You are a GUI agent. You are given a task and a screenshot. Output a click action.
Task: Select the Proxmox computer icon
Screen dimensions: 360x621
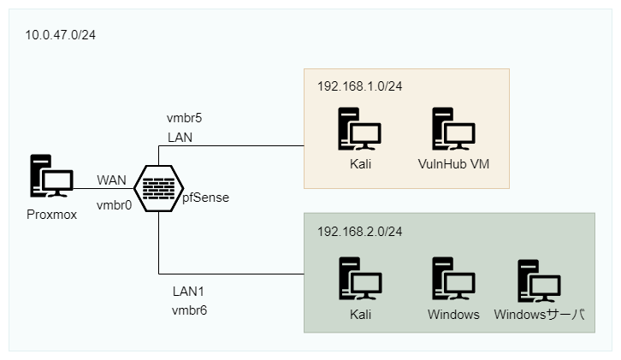51,180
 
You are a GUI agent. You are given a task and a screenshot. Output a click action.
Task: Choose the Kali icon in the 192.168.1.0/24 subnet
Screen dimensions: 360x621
359,130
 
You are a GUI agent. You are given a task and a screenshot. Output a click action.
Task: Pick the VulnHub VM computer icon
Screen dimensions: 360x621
453,130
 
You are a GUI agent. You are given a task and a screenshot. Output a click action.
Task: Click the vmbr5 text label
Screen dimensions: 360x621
185,117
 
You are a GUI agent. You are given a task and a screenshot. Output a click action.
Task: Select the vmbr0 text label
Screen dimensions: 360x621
113,204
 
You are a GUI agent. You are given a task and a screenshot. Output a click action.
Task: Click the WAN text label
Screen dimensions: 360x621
112,180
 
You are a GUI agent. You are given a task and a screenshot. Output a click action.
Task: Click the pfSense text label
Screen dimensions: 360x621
205,198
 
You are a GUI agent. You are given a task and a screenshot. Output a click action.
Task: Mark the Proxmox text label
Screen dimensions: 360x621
51,215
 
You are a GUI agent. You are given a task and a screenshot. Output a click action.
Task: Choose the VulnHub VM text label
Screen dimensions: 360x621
453,164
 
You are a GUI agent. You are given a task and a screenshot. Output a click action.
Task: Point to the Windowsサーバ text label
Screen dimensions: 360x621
539,315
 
